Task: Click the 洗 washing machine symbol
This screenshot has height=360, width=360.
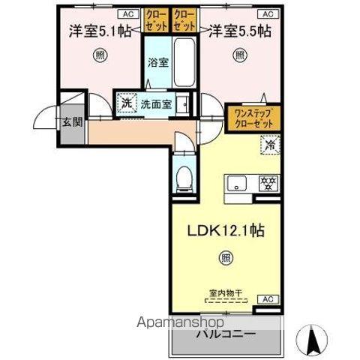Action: tap(126, 103)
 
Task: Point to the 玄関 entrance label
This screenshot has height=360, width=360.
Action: tap(71, 123)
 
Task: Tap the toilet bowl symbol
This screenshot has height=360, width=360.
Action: tap(184, 178)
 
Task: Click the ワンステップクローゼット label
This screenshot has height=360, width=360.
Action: tap(253, 118)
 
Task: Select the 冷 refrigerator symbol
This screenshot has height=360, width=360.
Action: tap(268, 145)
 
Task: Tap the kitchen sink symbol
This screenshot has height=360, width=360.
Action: tap(238, 182)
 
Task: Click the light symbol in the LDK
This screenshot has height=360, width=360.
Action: tap(226, 258)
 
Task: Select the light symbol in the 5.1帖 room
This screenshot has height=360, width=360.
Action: tap(99, 55)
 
